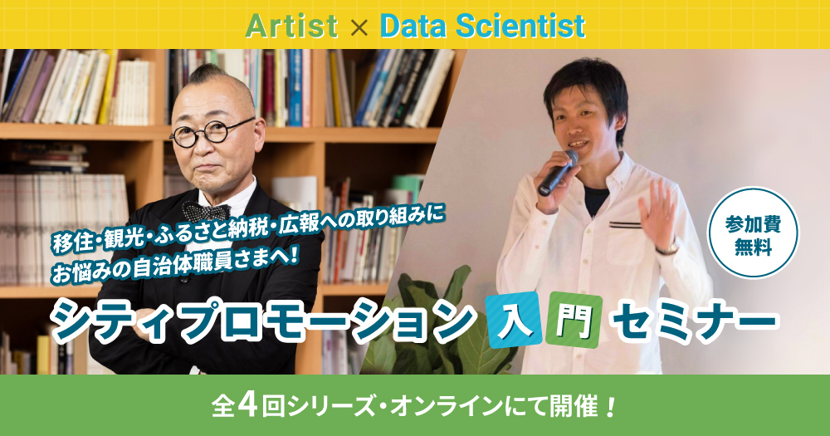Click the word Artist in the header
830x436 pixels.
[291, 27]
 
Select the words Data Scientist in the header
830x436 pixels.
[483, 27]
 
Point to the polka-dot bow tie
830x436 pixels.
[206, 212]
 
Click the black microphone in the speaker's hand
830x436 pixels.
[558, 173]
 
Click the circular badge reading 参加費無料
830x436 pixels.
[754, 233]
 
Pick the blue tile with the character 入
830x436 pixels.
[515, 320]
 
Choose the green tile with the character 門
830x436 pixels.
[575, 320]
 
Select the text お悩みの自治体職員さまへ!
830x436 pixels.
[176, 262]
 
